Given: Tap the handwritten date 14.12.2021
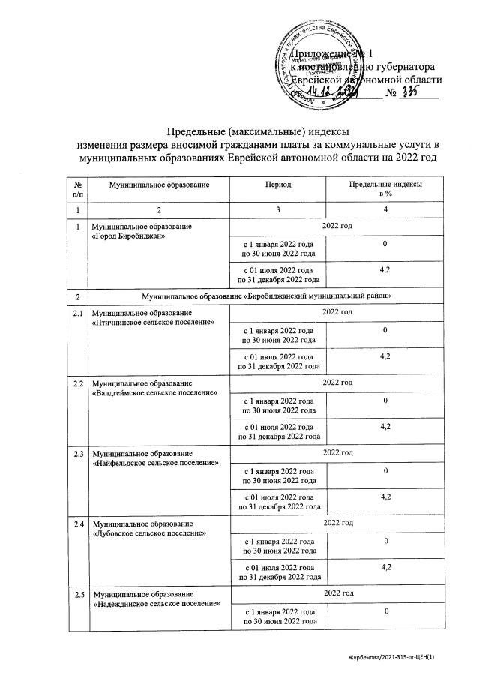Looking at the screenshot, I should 335,93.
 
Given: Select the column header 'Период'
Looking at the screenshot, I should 277,184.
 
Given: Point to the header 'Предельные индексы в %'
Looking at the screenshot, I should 385,188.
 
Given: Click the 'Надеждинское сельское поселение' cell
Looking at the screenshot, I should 155,599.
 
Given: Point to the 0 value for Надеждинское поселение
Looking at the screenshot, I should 385,612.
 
